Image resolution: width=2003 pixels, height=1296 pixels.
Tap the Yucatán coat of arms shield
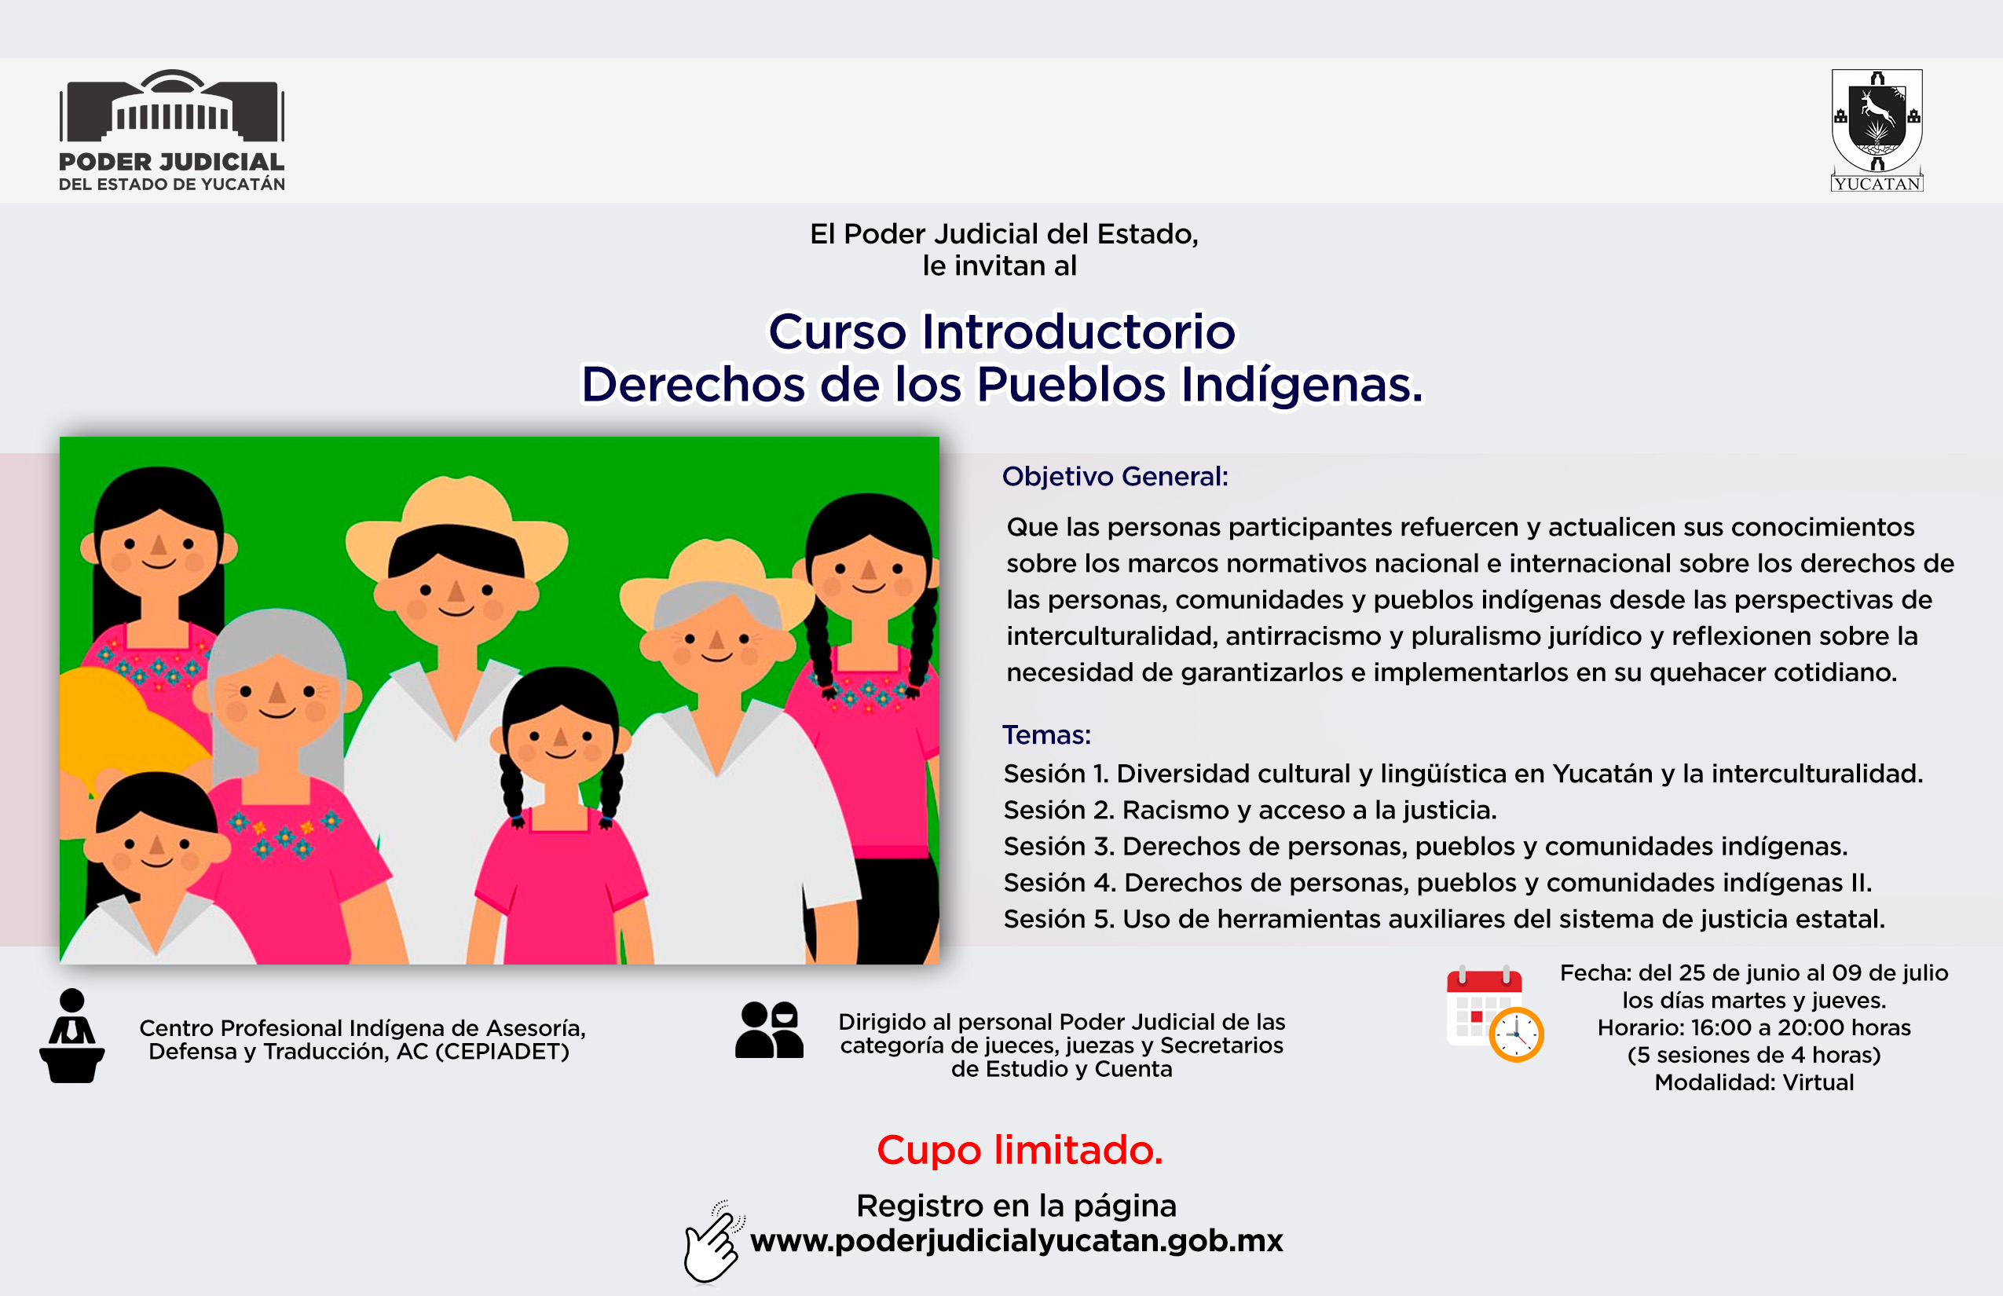(1877, 121)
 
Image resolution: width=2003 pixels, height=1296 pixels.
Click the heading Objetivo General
(1115, 476)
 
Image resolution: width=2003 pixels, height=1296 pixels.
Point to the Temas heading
(1046, 734)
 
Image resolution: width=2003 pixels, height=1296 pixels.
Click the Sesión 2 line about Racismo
(1250, 810)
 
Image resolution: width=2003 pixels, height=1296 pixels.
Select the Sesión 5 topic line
(1444, 918)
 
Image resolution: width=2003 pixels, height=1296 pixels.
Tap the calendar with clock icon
(1495, 1014)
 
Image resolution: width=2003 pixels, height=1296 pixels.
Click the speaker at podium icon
(72, 1035)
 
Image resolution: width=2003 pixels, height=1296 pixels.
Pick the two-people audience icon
(769, 1029)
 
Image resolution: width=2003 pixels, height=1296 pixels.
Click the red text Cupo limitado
(1020, 1150)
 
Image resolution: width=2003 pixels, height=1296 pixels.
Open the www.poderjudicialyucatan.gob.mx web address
(1016, 1240)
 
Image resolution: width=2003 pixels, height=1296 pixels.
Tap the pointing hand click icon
(714, 1242)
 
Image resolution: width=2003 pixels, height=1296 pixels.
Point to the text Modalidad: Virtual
(1754, 1082)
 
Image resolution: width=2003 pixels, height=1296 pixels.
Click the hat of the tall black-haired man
(456, 527)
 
